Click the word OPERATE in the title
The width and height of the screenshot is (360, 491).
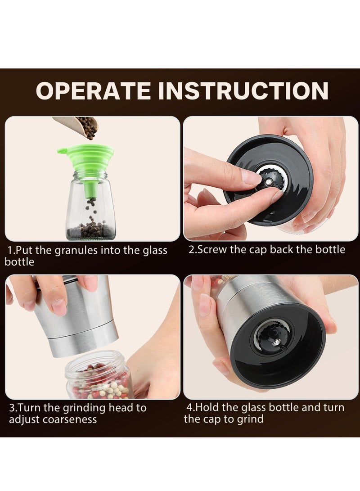pos(94,90)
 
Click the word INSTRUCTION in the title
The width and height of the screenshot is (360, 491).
pos(243,90)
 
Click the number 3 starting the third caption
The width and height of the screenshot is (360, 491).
pos(12,408)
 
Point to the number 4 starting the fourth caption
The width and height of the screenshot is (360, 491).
pos(189,408)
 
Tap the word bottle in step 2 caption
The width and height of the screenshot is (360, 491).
pos(329,250)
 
